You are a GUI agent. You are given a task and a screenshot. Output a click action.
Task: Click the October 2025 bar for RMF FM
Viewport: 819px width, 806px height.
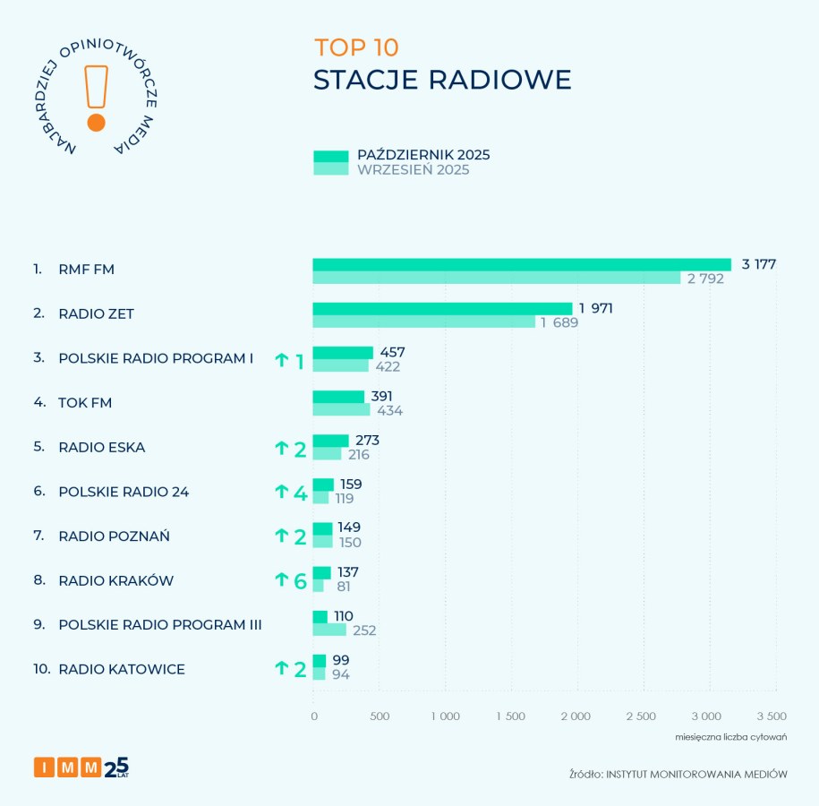pos(521,264)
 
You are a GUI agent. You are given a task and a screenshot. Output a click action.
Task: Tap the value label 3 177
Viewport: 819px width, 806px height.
pos(757,264)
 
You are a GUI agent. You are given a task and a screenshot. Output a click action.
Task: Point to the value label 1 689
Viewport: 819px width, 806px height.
pos(559,322)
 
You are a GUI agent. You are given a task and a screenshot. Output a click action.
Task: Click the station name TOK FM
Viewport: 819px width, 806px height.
pos(85,402)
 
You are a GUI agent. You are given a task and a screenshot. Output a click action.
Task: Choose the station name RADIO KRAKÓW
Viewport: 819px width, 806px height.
pos(115,580)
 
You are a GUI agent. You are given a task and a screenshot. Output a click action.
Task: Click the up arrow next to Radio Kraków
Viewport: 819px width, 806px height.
pos(281,580)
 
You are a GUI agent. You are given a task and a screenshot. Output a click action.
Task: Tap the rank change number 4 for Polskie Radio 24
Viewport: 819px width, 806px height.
pos(301,492)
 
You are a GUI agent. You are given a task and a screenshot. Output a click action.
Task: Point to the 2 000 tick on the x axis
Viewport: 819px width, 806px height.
pos(576,716)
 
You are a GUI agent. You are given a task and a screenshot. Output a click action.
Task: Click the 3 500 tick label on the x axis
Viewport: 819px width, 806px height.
pos(771,716)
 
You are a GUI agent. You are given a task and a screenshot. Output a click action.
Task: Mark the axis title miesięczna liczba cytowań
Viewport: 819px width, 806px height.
pos(730,737)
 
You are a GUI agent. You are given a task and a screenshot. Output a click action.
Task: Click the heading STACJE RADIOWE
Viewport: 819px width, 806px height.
pos(442,79)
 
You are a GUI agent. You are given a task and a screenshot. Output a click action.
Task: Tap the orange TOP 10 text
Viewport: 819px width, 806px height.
pos(356,47)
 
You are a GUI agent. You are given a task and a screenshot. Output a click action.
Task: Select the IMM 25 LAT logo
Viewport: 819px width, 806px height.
pos(81,767)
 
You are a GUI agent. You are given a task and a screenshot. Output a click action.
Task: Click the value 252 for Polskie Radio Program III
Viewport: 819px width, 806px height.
pos(363,630)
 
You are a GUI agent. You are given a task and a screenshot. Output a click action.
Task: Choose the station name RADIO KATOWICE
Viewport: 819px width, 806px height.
pos(122,669)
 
